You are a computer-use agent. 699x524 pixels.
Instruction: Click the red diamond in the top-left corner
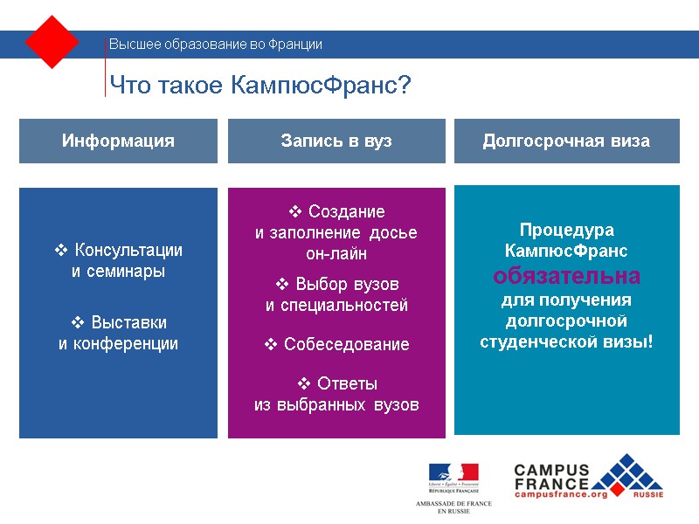[52, 42]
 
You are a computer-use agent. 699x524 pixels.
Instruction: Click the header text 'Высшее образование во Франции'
[215, 45]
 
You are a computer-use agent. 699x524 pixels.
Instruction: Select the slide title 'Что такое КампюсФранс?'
[260, 86]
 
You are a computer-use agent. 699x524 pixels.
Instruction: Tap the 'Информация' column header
[118, 141]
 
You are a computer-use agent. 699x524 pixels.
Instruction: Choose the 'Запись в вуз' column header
[336, 141]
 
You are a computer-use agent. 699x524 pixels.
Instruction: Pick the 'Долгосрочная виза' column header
[566, 141]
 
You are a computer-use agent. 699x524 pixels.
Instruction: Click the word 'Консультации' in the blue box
[128, 250]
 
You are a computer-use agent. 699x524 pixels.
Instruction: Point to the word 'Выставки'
[129, 321]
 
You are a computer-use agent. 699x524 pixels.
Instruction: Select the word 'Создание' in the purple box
[346, 212]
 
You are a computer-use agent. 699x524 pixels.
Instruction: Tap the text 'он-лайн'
[336, 254]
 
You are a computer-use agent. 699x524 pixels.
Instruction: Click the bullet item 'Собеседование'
[346, 344]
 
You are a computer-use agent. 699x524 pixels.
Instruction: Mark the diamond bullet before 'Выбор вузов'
[282, 285]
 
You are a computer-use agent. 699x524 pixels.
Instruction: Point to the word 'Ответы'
[347, 383]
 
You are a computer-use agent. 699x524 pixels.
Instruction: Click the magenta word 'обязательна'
[566, 276]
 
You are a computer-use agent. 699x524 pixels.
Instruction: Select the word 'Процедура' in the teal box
[566, 231]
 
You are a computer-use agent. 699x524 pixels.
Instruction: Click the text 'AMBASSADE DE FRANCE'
[453, 504]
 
